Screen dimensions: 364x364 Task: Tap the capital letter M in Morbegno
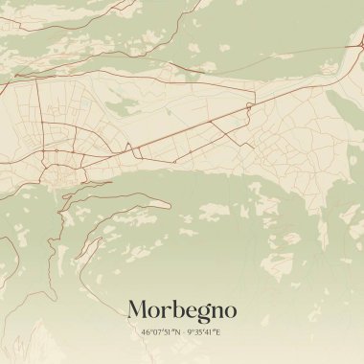point(138,310)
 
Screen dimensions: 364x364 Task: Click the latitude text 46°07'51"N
point(159,332)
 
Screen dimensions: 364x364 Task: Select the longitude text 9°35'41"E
point(203,332)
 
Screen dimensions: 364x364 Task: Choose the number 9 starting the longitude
point(188,332)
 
